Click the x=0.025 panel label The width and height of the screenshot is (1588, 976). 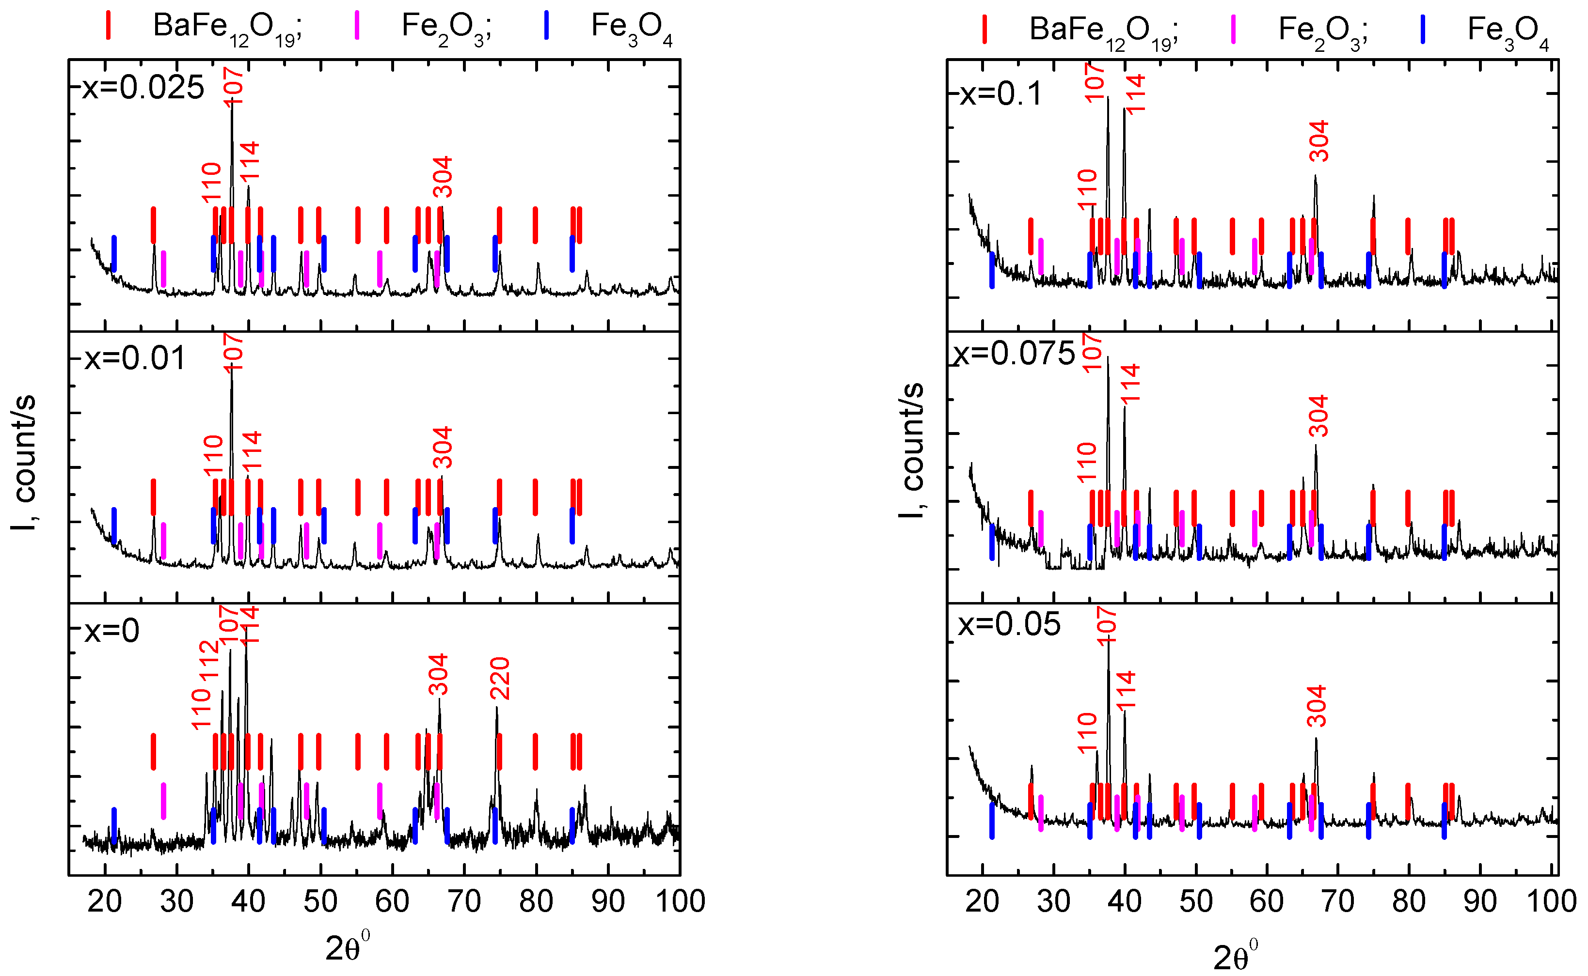point(143,88)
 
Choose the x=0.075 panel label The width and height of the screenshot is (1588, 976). point(1015,354)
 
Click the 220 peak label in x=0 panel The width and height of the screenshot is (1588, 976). point(500,679)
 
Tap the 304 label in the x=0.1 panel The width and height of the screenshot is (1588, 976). point(1318,141)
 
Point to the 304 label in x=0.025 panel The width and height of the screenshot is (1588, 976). point(443,177)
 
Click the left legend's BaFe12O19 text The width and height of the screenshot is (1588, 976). point(227,28)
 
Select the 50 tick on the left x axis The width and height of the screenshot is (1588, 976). point(320,901)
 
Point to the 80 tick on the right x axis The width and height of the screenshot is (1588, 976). point(1409,901)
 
